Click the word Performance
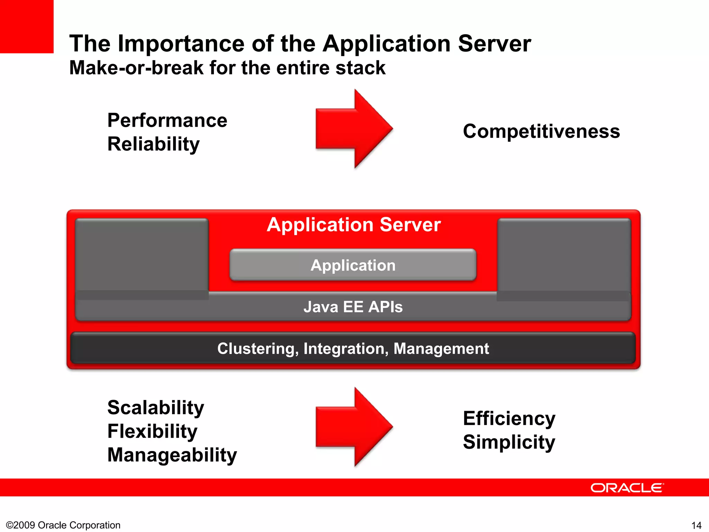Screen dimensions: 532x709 pos(167,121)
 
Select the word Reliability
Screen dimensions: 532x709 pos(153,144)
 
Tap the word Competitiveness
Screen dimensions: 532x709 pos(541,131)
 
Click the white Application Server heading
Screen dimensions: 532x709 pos(353,225)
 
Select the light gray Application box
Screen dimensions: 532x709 pos(353,265)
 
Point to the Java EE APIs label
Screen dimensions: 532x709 pos(353,307)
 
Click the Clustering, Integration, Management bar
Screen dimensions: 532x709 pos(353,348)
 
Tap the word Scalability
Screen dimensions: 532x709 pos(155,408)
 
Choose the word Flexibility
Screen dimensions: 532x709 pos(152,431)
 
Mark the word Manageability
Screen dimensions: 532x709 pos(172,455)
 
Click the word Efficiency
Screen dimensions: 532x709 pos(509,419)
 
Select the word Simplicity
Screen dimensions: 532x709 pos(509,442)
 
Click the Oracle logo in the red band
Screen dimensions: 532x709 pos(627,488)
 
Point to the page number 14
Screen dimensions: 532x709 pos(696,525)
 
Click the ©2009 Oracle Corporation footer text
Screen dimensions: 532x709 pos(63,525)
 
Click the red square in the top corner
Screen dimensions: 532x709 pos(27,26)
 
